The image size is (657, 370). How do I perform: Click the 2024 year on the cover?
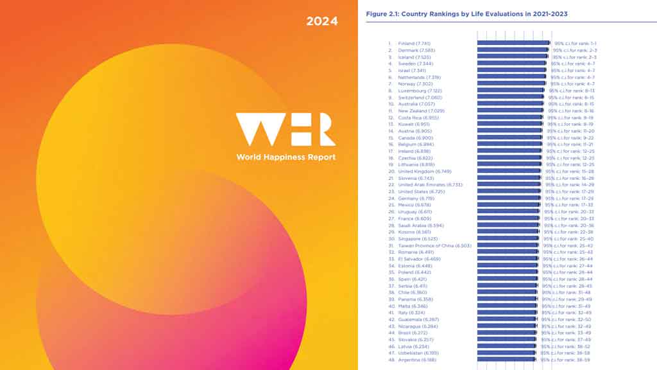point(321,21)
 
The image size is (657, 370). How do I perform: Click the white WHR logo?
point(285,130)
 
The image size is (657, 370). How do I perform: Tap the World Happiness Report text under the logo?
point(286,157)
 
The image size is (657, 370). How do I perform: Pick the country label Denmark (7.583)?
point(417,50)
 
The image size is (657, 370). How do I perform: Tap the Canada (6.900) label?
point(416,137)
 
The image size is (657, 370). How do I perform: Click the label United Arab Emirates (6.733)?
point(430,185)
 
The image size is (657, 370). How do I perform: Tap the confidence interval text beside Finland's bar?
point(576,44)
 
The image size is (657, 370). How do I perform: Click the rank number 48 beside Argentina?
point(390,360)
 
